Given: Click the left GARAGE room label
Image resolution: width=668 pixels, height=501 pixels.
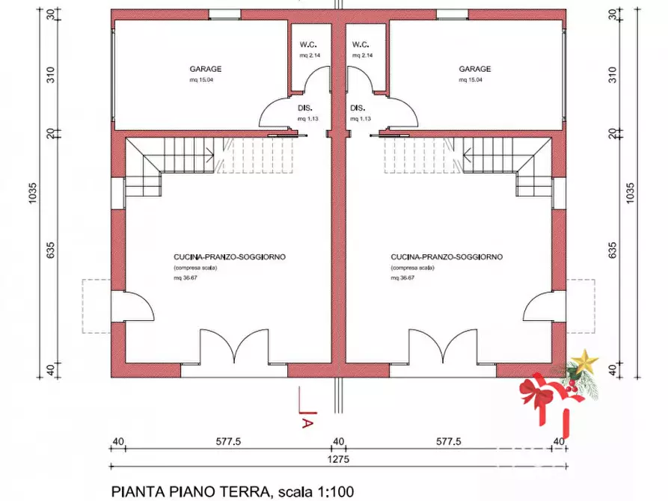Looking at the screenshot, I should pyautogui.click(x=204, y=69).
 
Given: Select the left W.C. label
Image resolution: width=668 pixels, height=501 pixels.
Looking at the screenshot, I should pyautogui.click(x=306, y=44).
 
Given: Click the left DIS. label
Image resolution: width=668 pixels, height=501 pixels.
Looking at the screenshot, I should pyautogui.click(x=304, y=108).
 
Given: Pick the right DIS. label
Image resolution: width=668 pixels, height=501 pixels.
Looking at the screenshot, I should pyautogui.click(x=357, y=108).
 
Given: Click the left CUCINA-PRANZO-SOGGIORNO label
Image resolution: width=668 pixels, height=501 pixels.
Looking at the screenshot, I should pyautogui.click(x=229, y=256).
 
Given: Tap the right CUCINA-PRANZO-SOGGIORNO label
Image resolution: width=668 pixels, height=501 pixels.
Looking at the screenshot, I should pyautogui.click(x=447, y=256).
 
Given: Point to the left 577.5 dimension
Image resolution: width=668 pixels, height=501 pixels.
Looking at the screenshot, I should pyautogui.click(x=228, y=442).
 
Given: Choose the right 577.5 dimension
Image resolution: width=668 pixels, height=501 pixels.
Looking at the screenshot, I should pyautogui.click(x=447, y=442).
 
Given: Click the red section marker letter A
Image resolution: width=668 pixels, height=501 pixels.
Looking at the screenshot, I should pyautogui.click(x=306, y=422).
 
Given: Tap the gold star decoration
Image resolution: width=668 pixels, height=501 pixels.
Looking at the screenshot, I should pyautogui.click(x=583, y=361).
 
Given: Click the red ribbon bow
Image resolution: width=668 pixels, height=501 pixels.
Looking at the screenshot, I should pyautogui.click(x=537, y=392).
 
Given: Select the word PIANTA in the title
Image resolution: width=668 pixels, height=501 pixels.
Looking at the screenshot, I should pyautogui.click(x=135, y=492).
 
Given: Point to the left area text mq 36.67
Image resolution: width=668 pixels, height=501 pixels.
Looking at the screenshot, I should pyautogui.click(x=184, y=277).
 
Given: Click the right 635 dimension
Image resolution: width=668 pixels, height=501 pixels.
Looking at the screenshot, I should pyautogui.click(x=613, y=248).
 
